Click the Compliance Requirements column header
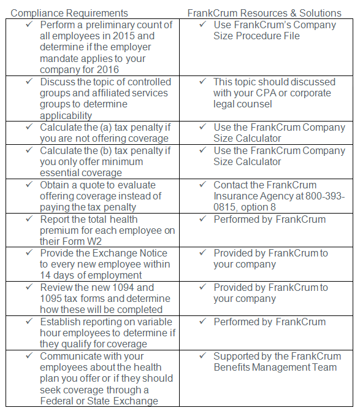70,13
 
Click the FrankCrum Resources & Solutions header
264,13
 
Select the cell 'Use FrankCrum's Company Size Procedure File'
274,31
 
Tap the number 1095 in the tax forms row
52,299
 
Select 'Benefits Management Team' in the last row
275,368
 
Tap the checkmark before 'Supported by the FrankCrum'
203,356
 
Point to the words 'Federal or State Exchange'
99,401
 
